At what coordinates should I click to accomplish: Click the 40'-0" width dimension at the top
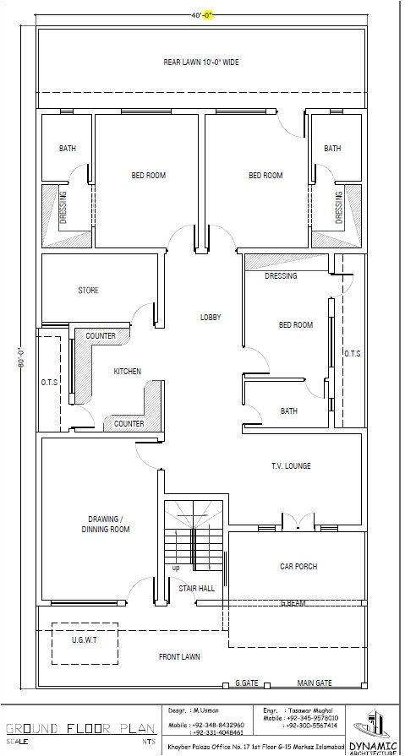point(202,14)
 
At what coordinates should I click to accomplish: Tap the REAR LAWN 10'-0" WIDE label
point(201,62)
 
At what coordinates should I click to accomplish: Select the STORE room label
point(88,291)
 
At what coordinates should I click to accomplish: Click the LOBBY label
point(210,317)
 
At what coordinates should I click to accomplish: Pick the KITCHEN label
point(127,372)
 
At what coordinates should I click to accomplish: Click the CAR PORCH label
point(298,567)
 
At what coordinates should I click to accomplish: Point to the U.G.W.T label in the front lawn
point(85,641)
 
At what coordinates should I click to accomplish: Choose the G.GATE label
point(246,682)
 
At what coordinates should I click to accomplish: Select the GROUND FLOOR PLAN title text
point(79,726)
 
